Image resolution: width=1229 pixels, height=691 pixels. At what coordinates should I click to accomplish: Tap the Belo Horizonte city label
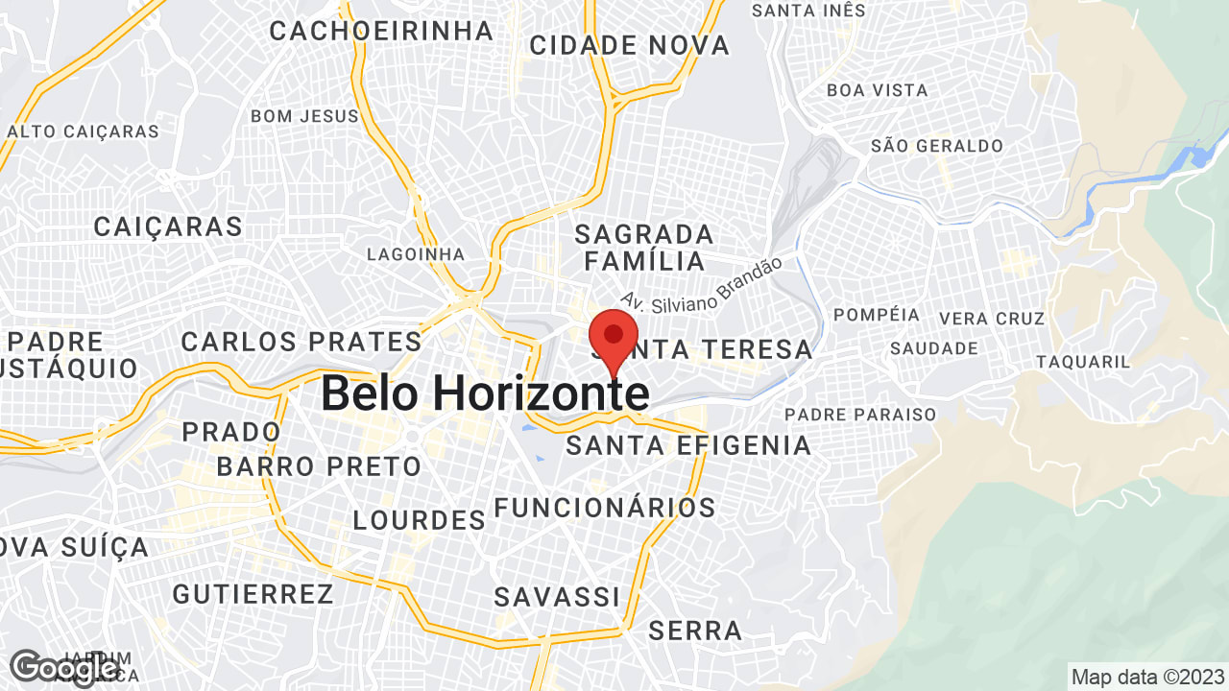click(484, 393)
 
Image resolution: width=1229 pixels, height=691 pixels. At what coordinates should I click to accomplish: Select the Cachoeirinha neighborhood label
click(381, 31)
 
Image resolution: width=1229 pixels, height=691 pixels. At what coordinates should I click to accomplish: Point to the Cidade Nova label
click(629, 45)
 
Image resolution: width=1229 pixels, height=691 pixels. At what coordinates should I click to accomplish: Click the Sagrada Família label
click(644, 248)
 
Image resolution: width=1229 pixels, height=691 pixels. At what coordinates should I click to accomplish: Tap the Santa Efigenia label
click(688, 445)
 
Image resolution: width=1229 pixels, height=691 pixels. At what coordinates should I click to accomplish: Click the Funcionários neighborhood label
click(605, 508)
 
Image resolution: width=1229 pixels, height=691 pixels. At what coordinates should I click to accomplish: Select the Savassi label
click(557, 597)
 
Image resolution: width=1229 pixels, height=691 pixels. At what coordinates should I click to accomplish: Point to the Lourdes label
click(420, 520)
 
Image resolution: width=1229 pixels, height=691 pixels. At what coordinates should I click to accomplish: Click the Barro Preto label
click(319, 467)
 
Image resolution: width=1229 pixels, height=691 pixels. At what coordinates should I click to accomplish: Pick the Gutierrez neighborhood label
click(253, 594)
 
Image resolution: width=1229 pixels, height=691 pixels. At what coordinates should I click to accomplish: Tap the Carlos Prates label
click(301, 342)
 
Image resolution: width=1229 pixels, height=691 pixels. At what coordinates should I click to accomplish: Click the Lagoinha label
click(416, 254)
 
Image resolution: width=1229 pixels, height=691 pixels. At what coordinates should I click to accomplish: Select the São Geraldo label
click(937, 146)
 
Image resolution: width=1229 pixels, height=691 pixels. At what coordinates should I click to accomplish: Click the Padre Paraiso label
click(860, 415)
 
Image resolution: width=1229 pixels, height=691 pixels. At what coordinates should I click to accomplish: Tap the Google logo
click(63, 667)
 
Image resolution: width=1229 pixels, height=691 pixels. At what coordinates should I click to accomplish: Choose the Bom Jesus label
click(304, 116)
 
